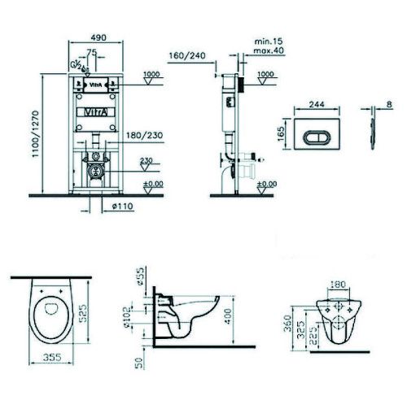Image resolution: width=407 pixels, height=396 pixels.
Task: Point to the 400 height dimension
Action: point(230,311)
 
